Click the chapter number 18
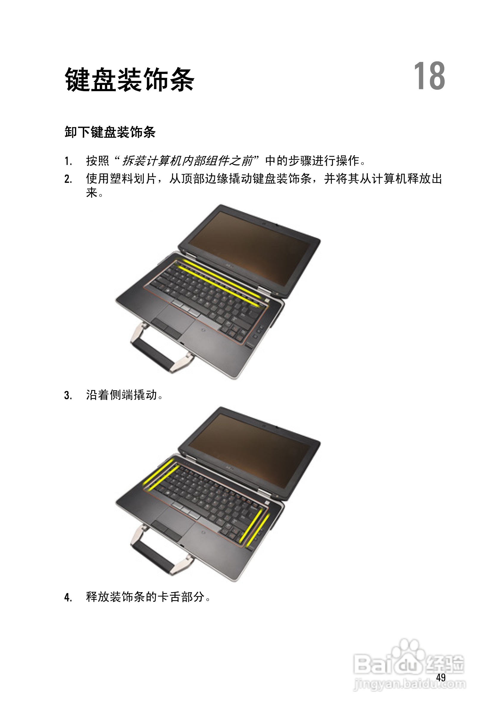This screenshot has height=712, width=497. tap(429, 76)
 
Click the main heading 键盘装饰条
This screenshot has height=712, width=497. tap(129, 80)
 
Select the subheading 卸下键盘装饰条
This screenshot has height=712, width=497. tap(110, 132)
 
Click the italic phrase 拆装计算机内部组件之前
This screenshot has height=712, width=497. tap(188, 161)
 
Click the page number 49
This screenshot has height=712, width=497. tap(441, 677)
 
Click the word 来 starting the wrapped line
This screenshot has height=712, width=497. tap(92, 193)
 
